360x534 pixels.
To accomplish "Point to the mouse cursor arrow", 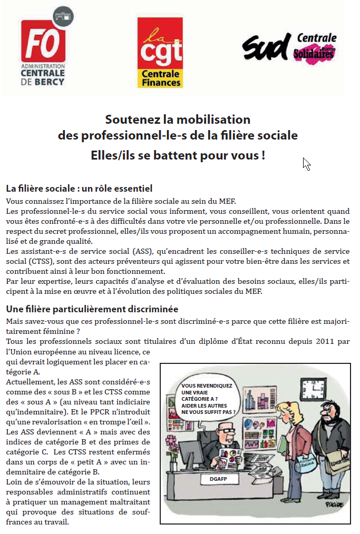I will [x=306, y=164].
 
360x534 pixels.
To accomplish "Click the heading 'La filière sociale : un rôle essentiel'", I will [x=79, y=189].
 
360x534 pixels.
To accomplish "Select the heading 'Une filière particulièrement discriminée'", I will [x=92, y=309].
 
